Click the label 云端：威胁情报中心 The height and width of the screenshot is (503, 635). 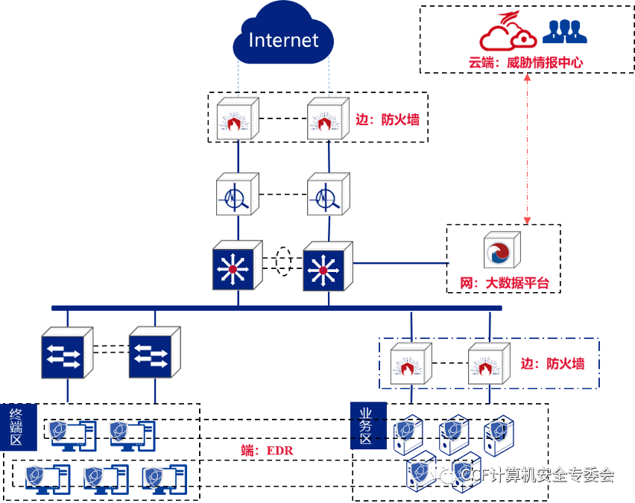click(x=525, y=63)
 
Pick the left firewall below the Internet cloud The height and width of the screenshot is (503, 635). click(x=237, y=118)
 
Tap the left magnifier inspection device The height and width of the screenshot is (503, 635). click(x=237, y=195)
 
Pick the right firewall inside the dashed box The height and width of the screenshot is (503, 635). click(x=489, y=364)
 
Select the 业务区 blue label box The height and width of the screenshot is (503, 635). click(x=367, y=426)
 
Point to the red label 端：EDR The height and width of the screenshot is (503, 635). click(x=267, y=450)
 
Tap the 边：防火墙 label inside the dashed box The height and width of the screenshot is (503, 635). click(x=552, y=364)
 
